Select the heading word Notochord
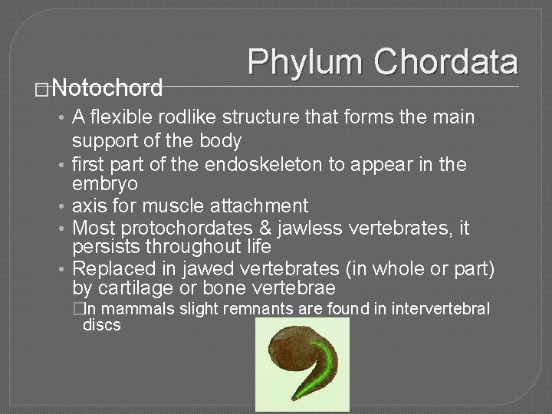108,89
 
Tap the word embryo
105,185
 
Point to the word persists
103,247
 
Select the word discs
101,325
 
